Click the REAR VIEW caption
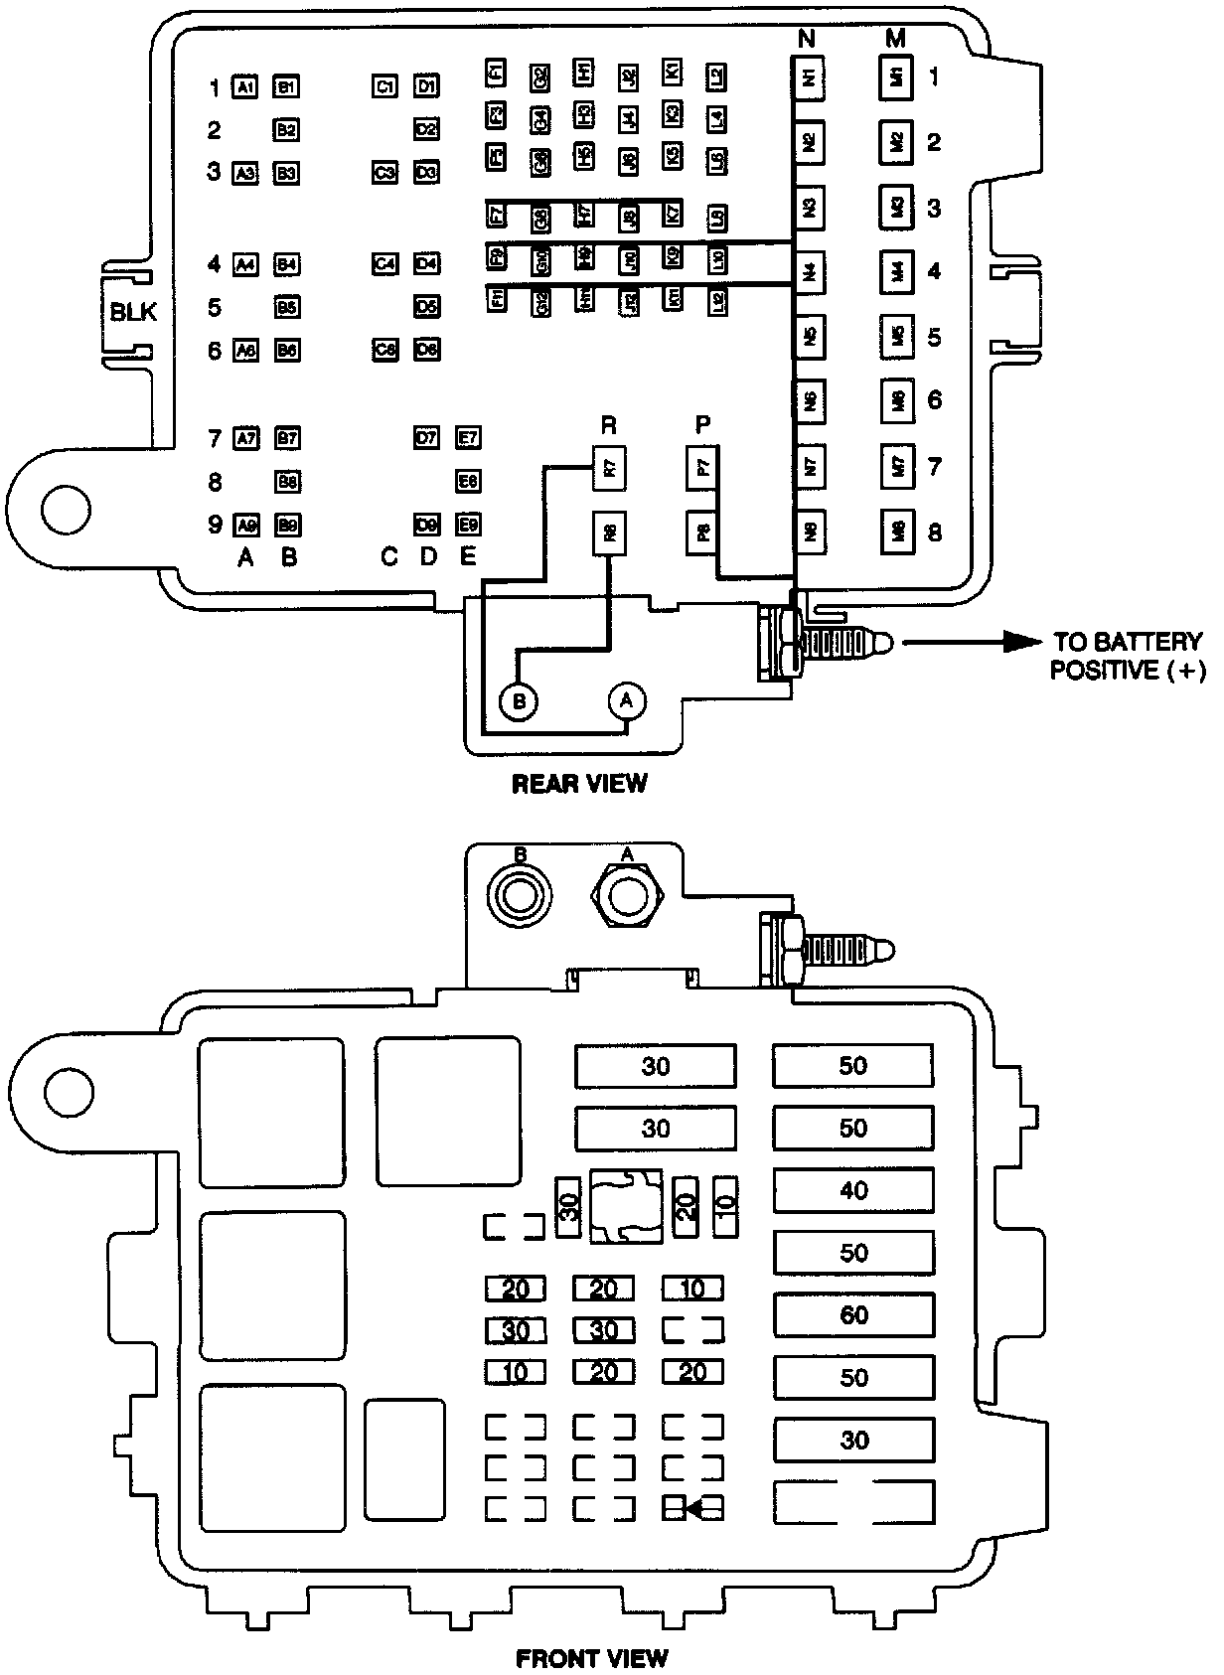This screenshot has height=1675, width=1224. coord(579,784)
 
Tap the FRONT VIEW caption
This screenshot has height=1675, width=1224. coord(592,1656)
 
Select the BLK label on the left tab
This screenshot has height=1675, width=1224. coord(133,312)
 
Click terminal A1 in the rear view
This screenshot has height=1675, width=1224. coord(245,87)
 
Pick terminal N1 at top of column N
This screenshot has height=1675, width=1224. coord(810,76)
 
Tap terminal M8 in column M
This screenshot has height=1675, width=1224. coord(897,533)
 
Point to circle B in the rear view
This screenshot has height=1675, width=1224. coord(518,702)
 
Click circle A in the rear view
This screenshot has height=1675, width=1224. coord(626,700)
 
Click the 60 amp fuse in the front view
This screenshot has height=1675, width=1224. coord(853,1315)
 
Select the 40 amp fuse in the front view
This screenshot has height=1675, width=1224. coord(853,1190)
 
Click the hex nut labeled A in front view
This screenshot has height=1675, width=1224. coord(626,896)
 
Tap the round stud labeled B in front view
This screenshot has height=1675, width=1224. coord(519,897)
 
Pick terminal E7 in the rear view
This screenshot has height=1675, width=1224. coord(468,437)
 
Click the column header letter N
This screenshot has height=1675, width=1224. coord(807,39)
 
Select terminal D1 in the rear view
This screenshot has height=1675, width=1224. coord(427,86)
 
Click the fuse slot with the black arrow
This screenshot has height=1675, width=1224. coord(693,1508)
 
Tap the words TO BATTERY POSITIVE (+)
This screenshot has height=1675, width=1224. coord(1127,656)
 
